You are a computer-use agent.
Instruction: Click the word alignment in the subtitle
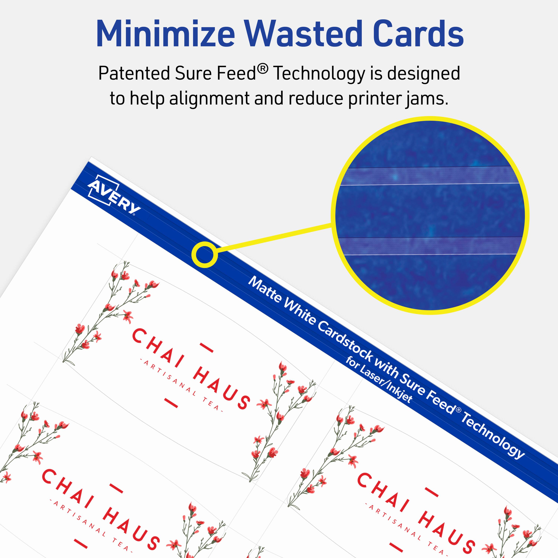point(209,99)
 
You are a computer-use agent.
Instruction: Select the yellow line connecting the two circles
point(274,238)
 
